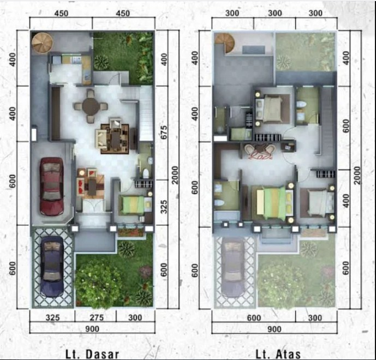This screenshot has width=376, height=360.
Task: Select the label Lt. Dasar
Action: pos(92,353)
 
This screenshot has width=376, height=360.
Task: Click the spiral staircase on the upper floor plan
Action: pos(223,42)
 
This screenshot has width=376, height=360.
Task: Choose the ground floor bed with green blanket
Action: pos(133,206)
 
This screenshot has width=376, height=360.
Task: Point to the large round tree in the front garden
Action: pos(98,281)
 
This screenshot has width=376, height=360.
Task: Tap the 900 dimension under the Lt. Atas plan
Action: pos(274,329)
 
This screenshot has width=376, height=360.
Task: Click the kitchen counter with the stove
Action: pos(71,58)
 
